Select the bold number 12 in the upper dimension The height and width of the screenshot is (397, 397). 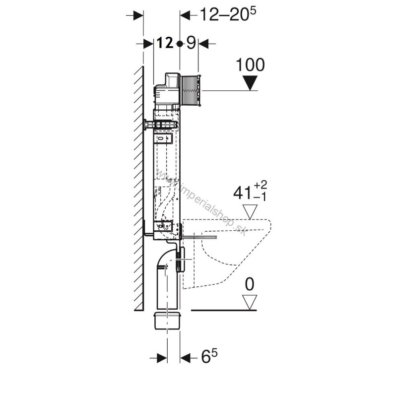click(x=165, y=43)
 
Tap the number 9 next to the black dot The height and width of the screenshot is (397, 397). click(x=191, y=43)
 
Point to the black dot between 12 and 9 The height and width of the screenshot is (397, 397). click(x=180, y=44)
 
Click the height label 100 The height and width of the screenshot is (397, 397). click(x=250, y=65)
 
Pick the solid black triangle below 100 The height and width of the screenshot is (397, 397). click(x=250, y=83)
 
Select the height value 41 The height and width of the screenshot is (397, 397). click(x=242, y=194)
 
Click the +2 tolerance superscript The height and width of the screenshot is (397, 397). click(x=260, y=185)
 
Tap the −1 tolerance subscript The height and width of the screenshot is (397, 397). click(x=260, y=197)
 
